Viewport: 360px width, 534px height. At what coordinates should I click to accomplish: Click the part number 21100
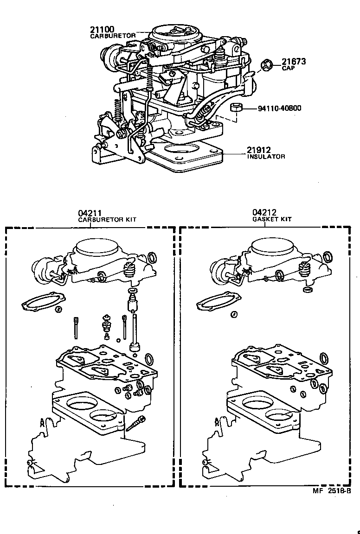point(102,30)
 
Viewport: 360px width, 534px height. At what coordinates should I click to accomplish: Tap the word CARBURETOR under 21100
point(113,36)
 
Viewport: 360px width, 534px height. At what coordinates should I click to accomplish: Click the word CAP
point(288,68)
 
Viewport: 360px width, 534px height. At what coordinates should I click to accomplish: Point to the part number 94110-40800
point(279,108)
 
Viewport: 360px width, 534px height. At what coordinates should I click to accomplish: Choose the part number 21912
point(258,150)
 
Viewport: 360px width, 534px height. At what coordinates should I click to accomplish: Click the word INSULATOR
point(266,157)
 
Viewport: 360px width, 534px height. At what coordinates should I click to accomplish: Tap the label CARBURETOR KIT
point(107,220)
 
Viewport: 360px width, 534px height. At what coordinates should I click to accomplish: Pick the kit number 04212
point(264,213)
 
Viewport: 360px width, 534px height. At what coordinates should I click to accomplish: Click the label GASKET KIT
point(272,220)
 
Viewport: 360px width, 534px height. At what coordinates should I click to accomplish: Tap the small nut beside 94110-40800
point(235,108)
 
